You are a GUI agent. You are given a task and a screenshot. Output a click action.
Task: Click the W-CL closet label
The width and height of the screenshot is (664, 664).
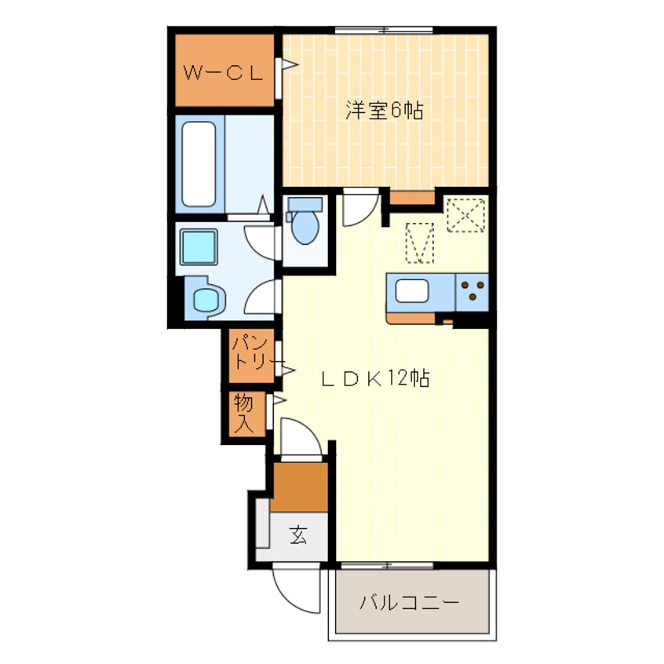223,74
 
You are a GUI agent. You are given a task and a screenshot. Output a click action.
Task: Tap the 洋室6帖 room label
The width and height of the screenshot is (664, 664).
384,111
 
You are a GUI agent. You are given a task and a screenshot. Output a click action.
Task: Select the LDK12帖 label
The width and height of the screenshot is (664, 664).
376,378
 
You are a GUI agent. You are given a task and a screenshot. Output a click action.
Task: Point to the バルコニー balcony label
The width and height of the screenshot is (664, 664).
409,602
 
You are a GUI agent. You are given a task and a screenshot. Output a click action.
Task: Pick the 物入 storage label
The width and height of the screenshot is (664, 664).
243,414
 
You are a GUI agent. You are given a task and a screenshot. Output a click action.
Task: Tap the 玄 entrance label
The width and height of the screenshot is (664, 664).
298,534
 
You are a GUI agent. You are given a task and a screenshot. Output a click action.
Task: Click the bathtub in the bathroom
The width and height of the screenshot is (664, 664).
199,164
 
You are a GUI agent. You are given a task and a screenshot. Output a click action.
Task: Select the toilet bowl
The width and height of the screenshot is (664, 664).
305,221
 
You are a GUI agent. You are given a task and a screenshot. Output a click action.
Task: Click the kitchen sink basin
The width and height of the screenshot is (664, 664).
411,291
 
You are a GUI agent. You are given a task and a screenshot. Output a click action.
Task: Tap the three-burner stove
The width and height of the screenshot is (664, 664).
472,292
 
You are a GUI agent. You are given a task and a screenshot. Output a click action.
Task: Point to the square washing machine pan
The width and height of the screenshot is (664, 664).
199,246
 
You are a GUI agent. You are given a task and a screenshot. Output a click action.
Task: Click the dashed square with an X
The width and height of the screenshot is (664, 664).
465,215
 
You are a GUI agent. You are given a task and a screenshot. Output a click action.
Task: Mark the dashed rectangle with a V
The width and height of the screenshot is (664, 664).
420,243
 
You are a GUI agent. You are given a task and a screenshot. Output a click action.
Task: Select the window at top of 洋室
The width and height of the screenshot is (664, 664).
384,30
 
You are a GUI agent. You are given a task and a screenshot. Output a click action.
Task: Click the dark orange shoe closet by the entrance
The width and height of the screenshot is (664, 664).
299,487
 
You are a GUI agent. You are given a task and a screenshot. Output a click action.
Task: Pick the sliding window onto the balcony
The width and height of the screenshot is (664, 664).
388,566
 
